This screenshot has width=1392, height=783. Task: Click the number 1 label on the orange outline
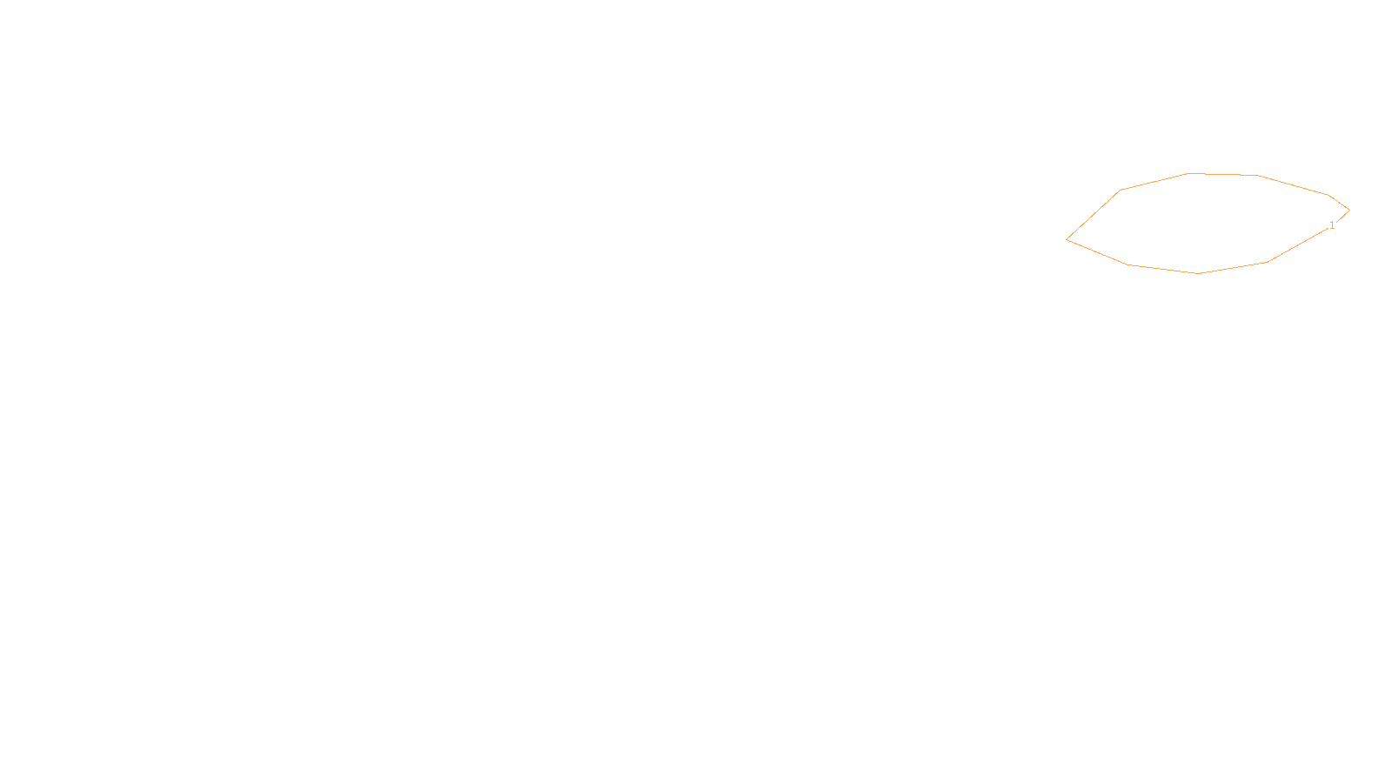(x=1332, y=225)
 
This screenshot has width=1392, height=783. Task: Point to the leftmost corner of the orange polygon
(x=1067, y=239)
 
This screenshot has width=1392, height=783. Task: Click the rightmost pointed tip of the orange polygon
(x=1348, y=210)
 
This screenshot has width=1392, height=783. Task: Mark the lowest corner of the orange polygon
(x=1198, y=273)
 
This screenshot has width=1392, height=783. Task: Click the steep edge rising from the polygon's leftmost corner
(x=1094, y=215)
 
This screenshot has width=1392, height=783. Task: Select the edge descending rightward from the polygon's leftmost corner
(x=1097, y=252)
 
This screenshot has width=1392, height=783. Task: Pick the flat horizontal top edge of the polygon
(x=1222, y=174)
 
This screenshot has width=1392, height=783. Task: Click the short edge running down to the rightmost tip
(x=1339, y=202)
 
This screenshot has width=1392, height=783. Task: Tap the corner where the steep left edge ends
(x=1121, y=190)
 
